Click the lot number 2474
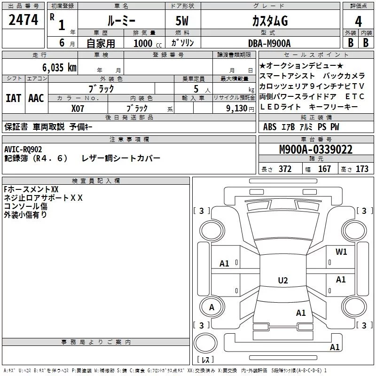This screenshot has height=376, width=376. (x=23, y=20)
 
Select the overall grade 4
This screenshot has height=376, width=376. (x=358, y=21)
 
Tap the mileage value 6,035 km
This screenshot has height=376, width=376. (x=59, y=67)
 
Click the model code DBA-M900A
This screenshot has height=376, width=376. (x=269, y=43)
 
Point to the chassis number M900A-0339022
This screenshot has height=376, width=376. (x=316, y=149)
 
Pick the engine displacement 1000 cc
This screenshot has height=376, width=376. (x=148, y=43)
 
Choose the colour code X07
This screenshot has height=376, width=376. (x=78, y=109)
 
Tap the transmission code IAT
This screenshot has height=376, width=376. (x=14, y=98)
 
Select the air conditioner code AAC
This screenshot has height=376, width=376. (x=36, y=98)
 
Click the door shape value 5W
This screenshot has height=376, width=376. (x=182, y=21)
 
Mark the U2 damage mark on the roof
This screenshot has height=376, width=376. (x=283, y=280)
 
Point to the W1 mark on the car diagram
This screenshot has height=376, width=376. (x=341, y=251)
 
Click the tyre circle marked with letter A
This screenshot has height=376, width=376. (x=211, y=307)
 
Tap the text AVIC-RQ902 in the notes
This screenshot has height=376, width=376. (x=23, y=149)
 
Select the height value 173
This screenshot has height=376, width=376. (x=362, y=169)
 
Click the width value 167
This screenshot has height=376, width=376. (x=324, y=169)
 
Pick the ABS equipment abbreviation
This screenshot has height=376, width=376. (x=270, y=126)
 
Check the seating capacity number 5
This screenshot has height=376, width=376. (x=196, y=89)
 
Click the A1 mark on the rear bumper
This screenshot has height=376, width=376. (x=335, y=347)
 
